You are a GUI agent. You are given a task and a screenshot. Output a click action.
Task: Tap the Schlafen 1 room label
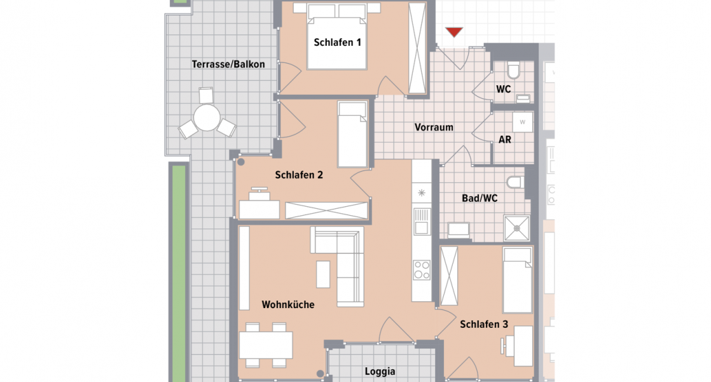click(x=337, y=43)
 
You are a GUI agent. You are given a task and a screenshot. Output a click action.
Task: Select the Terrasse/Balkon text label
click(x=228, y=64)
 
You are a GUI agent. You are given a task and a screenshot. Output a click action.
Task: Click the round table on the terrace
click(x=207, y=118)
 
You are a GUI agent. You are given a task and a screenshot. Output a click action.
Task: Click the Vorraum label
click(x=434, y=127)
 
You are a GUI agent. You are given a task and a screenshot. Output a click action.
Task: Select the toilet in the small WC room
click(x=514, y=69)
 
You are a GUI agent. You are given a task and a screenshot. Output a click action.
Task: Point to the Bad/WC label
click(x=480, y=199)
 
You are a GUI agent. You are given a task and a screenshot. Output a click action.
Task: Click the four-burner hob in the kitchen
click(x=421, y=270)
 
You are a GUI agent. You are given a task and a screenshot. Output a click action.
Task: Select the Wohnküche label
click(x=288, y=305)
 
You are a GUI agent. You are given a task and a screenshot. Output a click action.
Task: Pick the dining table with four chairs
click(x=266, y=345)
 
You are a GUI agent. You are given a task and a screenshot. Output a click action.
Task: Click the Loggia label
click(x=380, y=372)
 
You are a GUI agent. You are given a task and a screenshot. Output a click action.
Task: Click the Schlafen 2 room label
click(x=300, y=175)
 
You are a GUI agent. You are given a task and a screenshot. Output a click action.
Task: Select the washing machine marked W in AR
click(x=523, y=121)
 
